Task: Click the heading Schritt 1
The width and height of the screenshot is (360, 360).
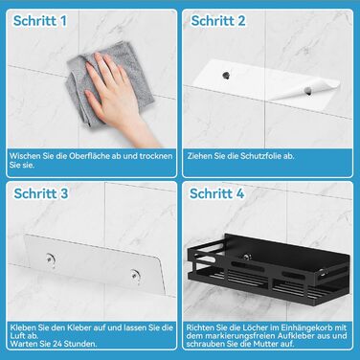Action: [x=40, y=21]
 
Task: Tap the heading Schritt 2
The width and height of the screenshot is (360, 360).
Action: [x=218, y=21]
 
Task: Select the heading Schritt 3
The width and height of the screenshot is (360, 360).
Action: [x=41, y=193]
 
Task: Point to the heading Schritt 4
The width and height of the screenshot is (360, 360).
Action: [x=217, y=193]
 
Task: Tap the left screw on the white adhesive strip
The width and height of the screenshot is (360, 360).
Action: [x=226, y=76]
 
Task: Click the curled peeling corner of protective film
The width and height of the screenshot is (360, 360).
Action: [x=306, y=90]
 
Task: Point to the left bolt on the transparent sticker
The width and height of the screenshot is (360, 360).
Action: [x=50, y=259]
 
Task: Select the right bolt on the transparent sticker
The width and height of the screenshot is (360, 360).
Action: [x=135, y=275]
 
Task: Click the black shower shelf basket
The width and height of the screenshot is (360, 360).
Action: [x=269, y=271]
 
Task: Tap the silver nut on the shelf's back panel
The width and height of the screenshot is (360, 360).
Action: [x=246, y=257]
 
